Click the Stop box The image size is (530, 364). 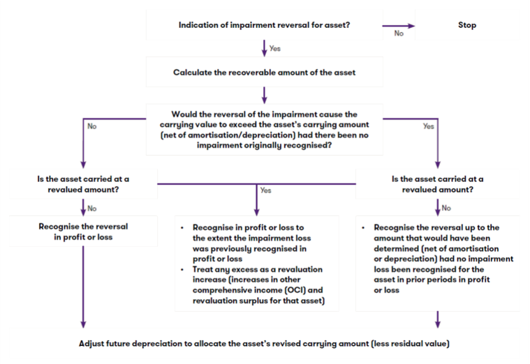tap(467, 25)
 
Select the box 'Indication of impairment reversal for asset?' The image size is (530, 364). tap(264, 25)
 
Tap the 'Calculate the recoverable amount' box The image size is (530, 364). tap(264, 72)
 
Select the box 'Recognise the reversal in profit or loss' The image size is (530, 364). tap(83, 232)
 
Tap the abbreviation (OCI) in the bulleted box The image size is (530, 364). tap(311, 289)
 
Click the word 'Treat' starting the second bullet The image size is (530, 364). tap(199, 269)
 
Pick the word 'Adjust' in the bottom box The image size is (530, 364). tap(93, 343)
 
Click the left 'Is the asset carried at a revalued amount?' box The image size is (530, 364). tap(83, 183)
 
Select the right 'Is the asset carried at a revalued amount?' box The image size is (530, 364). tap(437, 183)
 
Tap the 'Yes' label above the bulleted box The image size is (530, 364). tap(266, 190)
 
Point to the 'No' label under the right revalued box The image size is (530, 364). tap(448, 207)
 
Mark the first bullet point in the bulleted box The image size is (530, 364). tap(182, 228)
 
